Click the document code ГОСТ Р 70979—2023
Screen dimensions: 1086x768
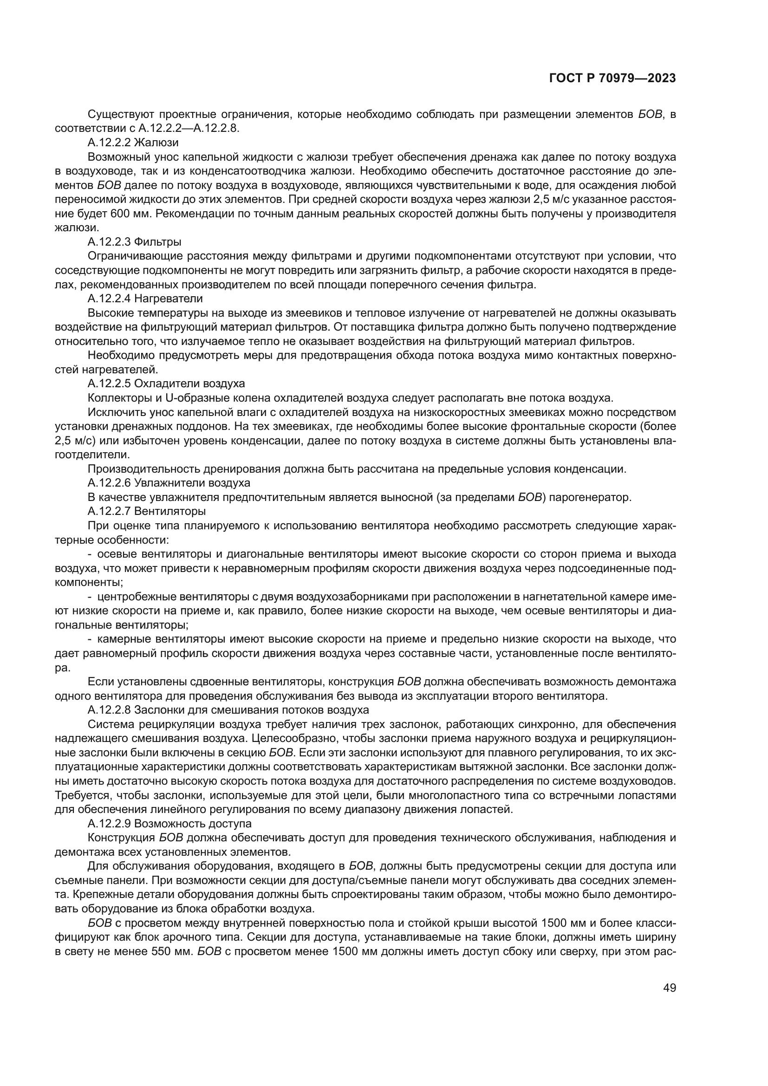pyautogui.click(x=612, y=78)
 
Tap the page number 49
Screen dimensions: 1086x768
pyautogui.click(x=670, y=1001)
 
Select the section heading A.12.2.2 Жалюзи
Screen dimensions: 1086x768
pyautogui.click(x=133, y=143)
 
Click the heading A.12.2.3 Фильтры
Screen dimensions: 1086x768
pyautogui.click(x=134, y=242)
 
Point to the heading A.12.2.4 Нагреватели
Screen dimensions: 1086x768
pyautogui.click(x=145, y=299)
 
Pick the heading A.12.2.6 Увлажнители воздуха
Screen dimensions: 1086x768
pyautogui.click(x=169, y=483)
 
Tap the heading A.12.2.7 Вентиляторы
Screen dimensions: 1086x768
pyautogui.click(x=147, y=511)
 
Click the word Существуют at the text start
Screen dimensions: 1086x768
pyautogui.click(x=120, y=114)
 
